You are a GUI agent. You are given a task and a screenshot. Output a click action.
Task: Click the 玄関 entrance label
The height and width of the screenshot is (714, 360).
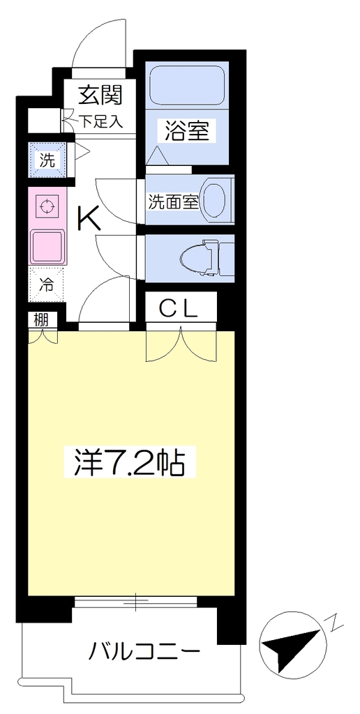tap(101, 95)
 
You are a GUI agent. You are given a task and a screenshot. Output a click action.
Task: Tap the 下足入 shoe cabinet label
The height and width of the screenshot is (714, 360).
tap(102, 121)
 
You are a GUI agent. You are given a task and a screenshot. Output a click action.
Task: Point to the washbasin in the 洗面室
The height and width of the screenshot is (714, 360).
tap(214, 199)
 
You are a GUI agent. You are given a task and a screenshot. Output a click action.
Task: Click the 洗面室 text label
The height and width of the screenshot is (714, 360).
tap(173, 203)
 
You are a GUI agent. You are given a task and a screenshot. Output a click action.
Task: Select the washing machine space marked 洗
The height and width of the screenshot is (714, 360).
tap(47, 160)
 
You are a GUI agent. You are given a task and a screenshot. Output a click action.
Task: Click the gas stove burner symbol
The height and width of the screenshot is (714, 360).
tap(46, 206)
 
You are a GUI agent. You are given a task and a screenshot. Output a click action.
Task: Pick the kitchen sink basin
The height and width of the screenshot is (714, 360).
tap(47, 246)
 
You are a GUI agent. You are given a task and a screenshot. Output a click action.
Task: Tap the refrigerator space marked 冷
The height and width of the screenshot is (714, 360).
tap(47, 284)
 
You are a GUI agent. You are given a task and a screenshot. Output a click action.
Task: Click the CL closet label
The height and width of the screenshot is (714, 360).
tap(178, 309)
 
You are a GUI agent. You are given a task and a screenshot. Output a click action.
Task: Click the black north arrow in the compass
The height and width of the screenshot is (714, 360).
tap(290, 642)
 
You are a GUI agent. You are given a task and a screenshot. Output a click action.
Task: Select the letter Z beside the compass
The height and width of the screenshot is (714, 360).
tap(332, 623)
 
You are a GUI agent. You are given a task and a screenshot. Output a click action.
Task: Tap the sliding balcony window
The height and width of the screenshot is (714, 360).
tap(136, 602)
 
